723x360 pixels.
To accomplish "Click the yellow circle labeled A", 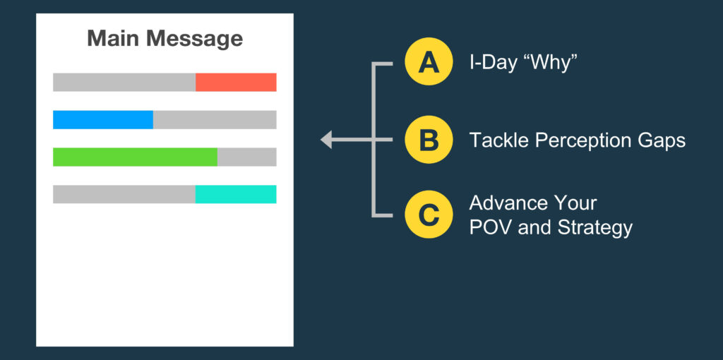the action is click(x=429, y=61).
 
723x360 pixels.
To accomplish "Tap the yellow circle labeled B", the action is click(x=429, y=140).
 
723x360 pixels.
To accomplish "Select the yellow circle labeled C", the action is click(x=429, y=215).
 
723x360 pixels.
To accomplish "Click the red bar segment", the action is click(x=236, y=82).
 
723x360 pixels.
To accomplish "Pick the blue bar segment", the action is click(x=103, y=119).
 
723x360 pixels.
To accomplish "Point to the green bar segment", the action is click(x=135, y=157).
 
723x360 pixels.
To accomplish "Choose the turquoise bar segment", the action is click(x=236, y=194).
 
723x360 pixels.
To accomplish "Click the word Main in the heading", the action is click(x=114, y=39).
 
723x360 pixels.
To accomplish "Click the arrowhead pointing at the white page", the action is click(x=326, y=140).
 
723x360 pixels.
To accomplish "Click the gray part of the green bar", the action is click(x=246, y=157).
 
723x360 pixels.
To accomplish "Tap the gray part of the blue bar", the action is click(x=215, y=119).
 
